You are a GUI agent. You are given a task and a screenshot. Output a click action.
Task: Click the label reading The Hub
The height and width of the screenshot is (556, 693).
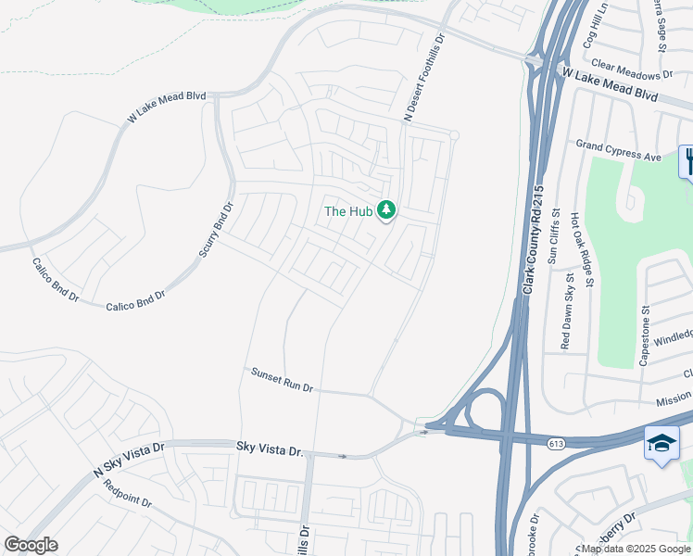coord(347,211)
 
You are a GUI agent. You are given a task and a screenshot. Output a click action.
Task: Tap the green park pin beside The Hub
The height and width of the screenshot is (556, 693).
coord(386,211)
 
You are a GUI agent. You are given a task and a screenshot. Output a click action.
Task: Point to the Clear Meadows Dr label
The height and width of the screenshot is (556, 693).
coord(631,70)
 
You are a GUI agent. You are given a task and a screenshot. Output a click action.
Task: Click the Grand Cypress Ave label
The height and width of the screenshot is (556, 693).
coord(619,151)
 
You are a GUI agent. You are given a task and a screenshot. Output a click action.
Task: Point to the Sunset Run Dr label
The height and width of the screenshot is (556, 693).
coord(283,379)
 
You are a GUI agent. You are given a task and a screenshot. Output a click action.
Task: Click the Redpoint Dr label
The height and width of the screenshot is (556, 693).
coord(127,495)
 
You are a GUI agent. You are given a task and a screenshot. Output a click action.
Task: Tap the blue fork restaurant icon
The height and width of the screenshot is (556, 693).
coord(687,161)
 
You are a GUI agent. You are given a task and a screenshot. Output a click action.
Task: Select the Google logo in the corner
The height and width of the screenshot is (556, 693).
coord(31,545)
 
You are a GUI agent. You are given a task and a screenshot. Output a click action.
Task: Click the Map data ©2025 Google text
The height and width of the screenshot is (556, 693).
coord(636,550)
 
